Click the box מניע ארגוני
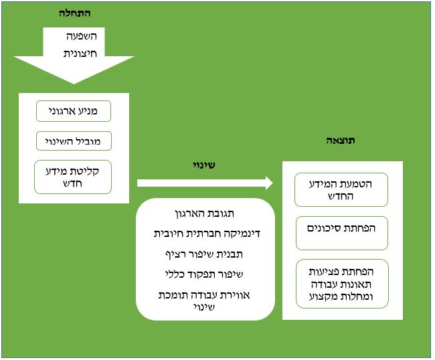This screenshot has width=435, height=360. (73, 110)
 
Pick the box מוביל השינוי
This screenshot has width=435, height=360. (73, 141)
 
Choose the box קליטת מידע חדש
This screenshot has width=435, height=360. (73, 177)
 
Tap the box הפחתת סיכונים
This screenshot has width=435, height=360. (342, 228)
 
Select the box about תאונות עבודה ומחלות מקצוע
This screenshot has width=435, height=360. (342, 284)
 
